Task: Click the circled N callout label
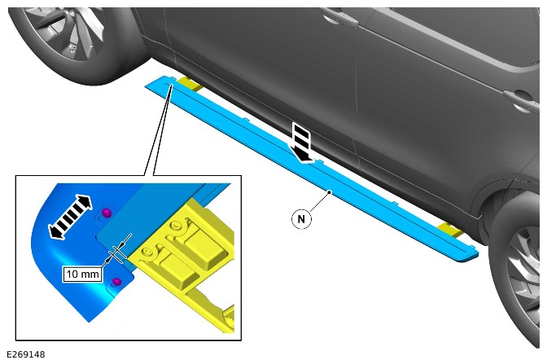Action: point(301,219)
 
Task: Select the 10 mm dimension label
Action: point(82,274)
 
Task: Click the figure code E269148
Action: point(26,354)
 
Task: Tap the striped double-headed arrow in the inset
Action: point(70,217)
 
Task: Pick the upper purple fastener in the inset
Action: point(107,213)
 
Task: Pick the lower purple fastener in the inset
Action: point(117,282)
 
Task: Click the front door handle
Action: point(339,17)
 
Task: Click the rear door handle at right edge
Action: point(522,100)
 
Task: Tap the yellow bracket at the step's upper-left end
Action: point(189,85)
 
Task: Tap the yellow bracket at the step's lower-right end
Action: point(451,230)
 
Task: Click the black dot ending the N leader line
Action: point(330,191)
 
